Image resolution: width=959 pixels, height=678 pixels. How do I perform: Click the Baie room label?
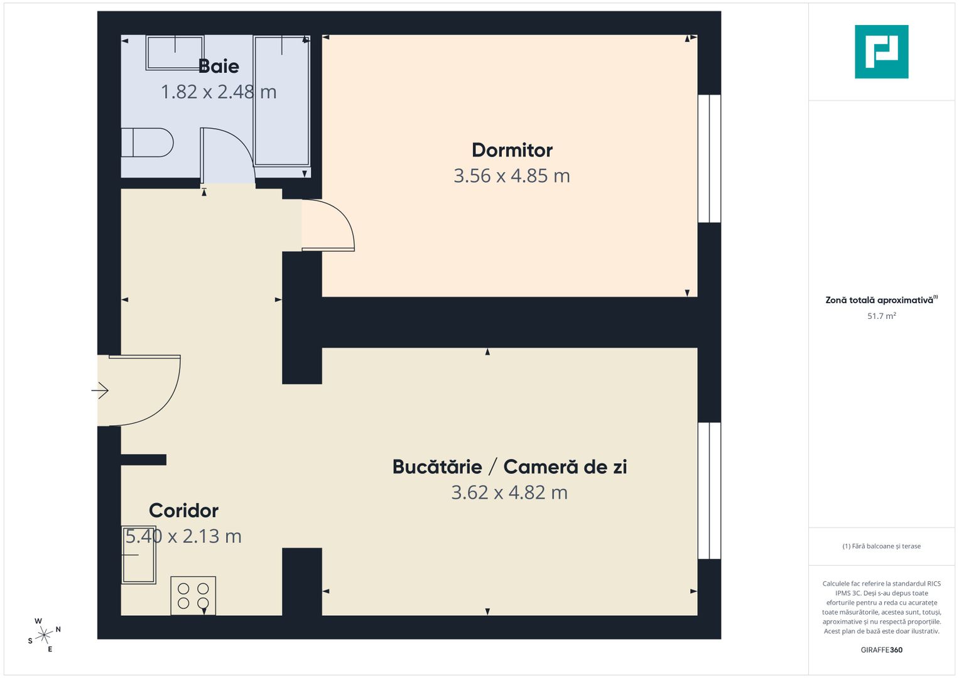pyautogui.click(x=219, y=66)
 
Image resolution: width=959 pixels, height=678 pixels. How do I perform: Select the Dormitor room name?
pyautogui.click(x=512, y=150)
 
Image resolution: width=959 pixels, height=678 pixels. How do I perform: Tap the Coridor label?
pyautogui.click(x=183, y=510)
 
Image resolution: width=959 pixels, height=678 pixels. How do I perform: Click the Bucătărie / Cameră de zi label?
pyautogui.click(x=509, y=466)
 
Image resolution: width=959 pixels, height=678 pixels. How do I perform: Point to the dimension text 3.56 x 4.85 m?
pyautogui.click(x=512, y=176)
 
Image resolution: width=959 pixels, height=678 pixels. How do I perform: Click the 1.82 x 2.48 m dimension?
pyautogui.click(x=219, y=92)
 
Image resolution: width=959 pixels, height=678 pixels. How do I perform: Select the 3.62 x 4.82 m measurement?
pyautogui.click(x=509, y=493)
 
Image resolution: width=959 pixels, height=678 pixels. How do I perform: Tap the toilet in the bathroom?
pyautogui.click(x=147, y=143)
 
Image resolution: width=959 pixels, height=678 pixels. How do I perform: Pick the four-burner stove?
pyautogui.click(x=193, y=596)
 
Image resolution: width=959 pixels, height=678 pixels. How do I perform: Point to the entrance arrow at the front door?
pyautogui.click(x=100, y=390)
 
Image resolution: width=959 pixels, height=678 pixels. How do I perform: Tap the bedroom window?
pyautogui.click(x=710, y=159)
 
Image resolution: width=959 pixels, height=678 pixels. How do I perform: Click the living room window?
pyautogui.click(x=710, y=490)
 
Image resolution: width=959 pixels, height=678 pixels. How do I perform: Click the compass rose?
pyautogui.click(x=44, y=635)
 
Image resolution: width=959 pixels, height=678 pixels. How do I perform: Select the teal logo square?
pyautogui.click(x=881, y=51)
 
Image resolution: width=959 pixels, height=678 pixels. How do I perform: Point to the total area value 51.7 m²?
pyautogui.click(x=881, y=316)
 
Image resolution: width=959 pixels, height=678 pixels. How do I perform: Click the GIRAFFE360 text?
pyautogui.click(x=881, y=650)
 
